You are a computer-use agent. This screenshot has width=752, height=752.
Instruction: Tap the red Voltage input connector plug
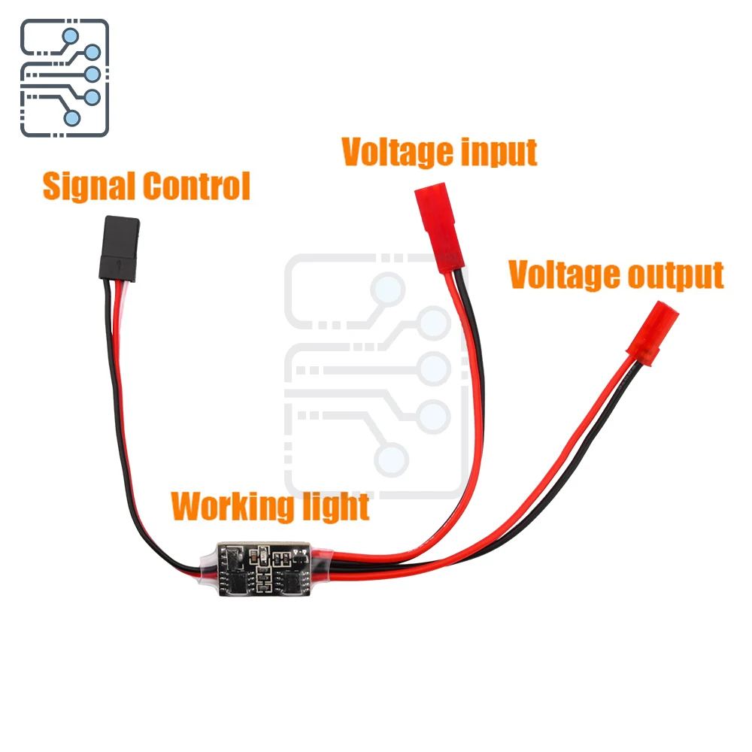click(x=439, y=229)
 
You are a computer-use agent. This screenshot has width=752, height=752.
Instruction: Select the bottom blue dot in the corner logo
click(x=72, y=117)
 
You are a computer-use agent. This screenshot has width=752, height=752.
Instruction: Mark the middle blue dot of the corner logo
click(x=92, y=74)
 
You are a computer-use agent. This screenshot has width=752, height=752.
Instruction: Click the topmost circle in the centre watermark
click(x=390, y=289)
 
